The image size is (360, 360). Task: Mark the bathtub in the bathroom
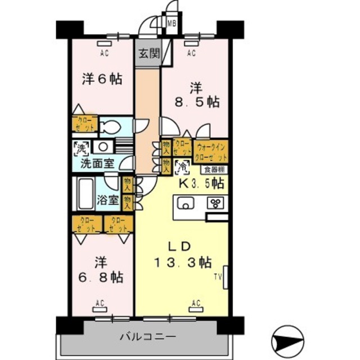pyautogui.click(x=84, y=194)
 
